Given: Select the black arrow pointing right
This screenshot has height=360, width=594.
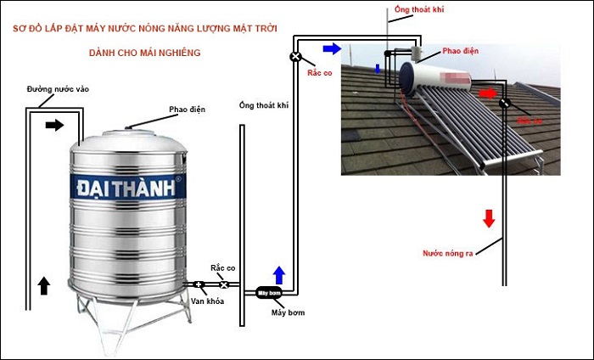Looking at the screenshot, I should [54, 125].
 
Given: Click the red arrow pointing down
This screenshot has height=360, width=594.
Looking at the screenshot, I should [489, 218].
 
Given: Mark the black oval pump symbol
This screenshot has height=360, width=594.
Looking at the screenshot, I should [268, 293].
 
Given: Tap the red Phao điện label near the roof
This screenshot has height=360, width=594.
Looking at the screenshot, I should [460, 51].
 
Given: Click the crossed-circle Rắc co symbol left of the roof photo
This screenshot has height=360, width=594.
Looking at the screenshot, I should [295, 57].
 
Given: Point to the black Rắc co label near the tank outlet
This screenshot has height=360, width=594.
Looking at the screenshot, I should [223, 267].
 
